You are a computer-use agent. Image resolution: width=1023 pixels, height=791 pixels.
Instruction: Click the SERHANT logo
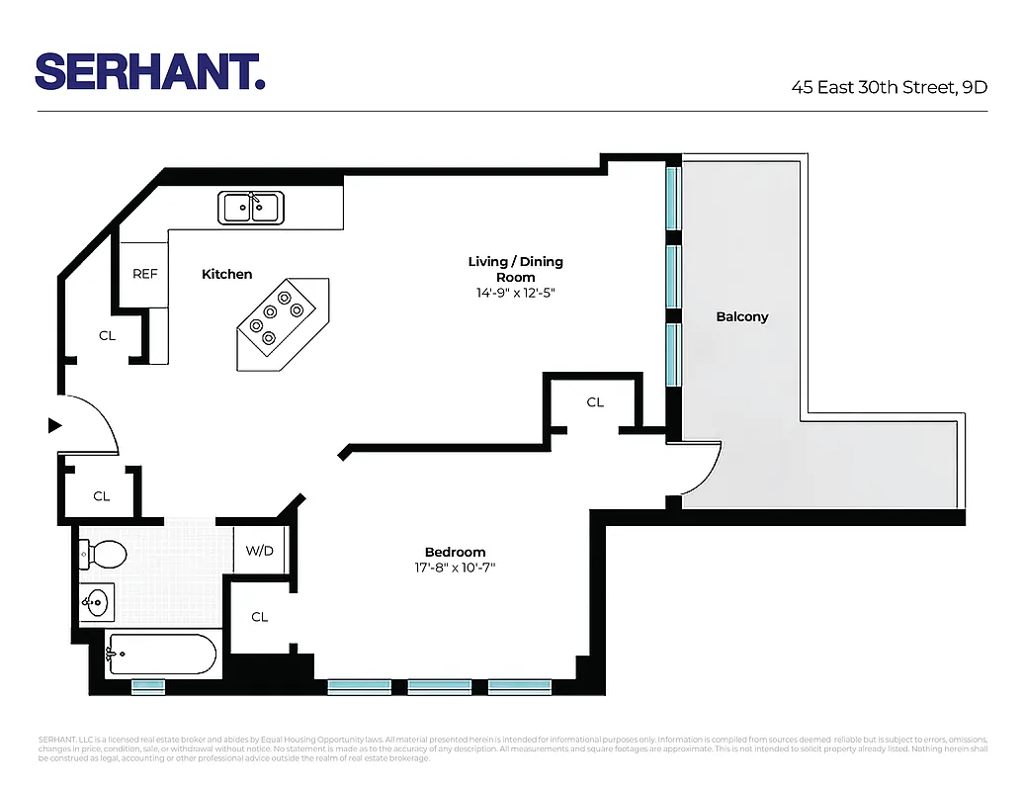click(x=150, y=71)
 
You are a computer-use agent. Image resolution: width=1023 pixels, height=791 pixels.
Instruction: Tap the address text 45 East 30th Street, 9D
click(x=889, y=86)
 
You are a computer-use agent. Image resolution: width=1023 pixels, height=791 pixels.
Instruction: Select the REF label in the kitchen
click(x=145, y=274)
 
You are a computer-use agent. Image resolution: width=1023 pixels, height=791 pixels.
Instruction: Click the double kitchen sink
click(x=251, y=208)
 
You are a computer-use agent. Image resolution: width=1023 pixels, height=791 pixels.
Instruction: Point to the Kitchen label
click(x=226, y=274)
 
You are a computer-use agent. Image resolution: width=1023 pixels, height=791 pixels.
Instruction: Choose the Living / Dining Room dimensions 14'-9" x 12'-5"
click(x=515, y=293)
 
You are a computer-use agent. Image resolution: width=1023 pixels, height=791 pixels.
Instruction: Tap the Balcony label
click(x=741, y=317)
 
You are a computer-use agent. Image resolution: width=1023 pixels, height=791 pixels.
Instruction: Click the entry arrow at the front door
click(x=55, y=425)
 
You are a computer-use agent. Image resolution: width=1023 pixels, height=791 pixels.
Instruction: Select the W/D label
click(x=259, y=551)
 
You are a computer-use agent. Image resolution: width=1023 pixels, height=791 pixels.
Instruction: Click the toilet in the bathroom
click(x=103, y=555)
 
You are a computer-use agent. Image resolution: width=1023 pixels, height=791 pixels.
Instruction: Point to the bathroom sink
click(x=97, y=601)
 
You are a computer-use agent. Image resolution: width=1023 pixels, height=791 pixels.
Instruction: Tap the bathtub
click(x=160, y=655)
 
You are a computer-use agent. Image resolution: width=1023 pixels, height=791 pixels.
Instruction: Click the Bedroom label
click(x=455, y=552)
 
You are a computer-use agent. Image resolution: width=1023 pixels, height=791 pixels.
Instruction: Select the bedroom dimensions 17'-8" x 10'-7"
click(x=455, y=568)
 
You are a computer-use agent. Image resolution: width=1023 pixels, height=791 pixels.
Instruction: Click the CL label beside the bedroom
click(x=259, y=617)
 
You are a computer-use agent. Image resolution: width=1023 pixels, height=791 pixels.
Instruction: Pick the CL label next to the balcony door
click(x=595, y=402)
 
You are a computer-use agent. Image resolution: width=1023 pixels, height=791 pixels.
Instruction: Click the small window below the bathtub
click(x=148, y=685)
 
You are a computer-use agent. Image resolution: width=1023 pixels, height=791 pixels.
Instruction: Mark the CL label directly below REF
click(x=107, y=336)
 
